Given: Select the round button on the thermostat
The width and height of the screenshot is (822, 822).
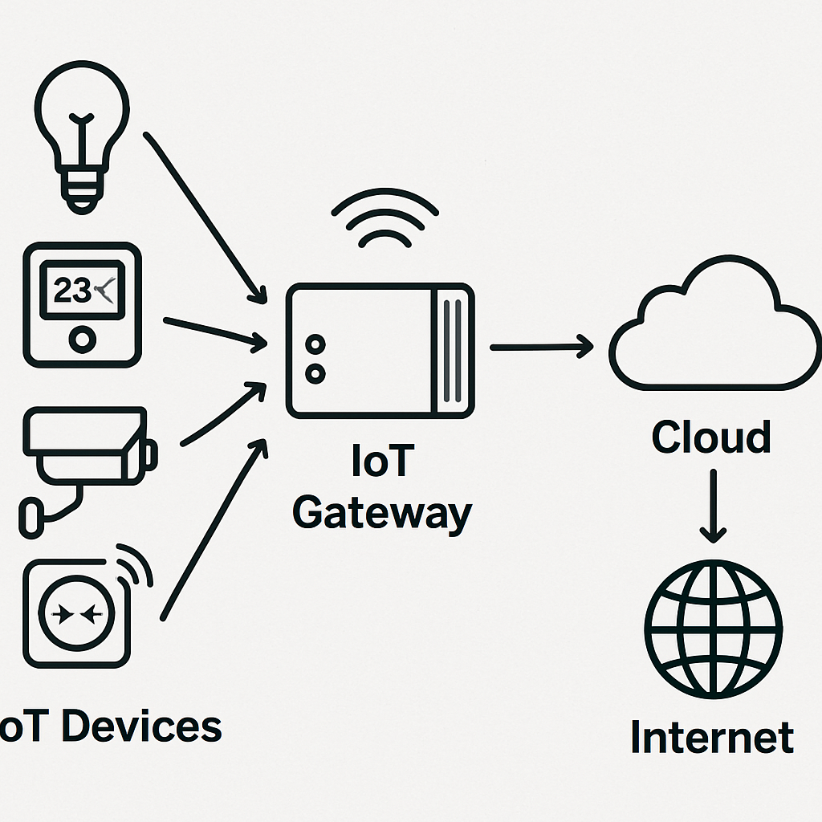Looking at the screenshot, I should [x=82, y=340].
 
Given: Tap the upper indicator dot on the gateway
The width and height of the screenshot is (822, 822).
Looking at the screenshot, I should [x=315, y=345].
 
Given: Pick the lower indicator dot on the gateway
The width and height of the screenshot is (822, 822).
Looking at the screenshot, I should [x=315, y=373].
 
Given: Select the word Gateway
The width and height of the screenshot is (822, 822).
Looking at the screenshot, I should [x=381, y=512].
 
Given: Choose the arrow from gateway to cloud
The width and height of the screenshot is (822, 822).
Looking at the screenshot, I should [x=541, y=348].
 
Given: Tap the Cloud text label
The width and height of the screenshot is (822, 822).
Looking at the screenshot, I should [x=710, y=437].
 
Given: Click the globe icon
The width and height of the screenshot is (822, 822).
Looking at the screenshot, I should [x=714, y=627].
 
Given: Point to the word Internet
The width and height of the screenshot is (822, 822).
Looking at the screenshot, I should [x=712, y=738].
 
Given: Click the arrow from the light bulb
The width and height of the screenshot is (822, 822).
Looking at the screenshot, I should [x=205, y=217].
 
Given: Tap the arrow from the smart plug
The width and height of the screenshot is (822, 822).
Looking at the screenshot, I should [x=213, y=530].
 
